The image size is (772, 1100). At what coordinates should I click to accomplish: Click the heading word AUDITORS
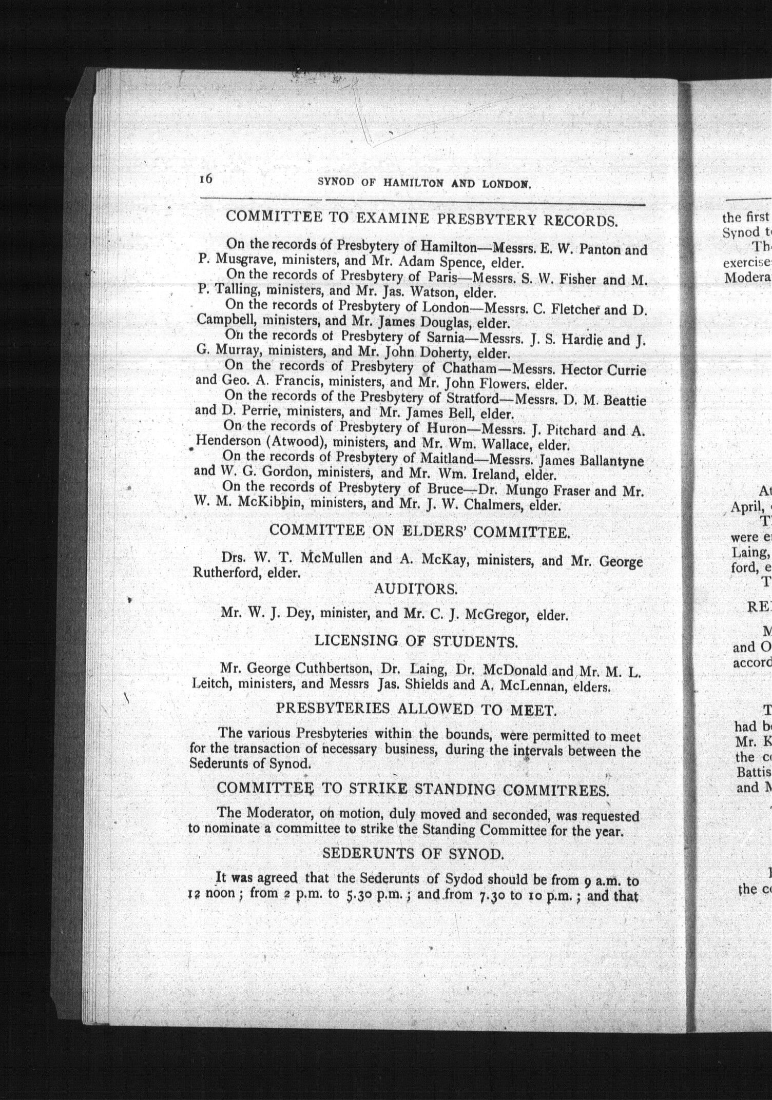tap(415, 589)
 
